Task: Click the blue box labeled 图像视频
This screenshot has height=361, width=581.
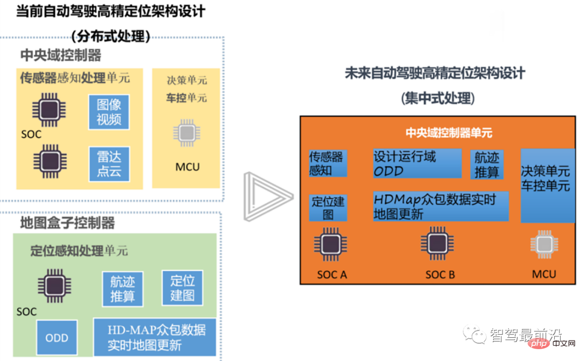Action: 109,112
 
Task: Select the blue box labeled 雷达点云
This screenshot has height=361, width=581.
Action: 109,164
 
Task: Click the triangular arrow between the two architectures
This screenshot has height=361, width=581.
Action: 266,197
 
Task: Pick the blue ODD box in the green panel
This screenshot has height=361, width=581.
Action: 57,338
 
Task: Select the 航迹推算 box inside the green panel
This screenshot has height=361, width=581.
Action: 123,289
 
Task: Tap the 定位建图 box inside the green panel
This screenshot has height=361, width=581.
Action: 182,288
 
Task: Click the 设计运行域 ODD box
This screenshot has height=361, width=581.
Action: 417,164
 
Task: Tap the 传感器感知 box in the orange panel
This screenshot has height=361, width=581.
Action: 328,164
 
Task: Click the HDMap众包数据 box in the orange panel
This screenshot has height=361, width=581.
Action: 441,206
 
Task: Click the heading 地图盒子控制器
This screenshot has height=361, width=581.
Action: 67,223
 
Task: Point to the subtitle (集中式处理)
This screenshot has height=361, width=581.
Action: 437,98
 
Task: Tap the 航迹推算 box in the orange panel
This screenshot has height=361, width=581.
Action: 487,165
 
